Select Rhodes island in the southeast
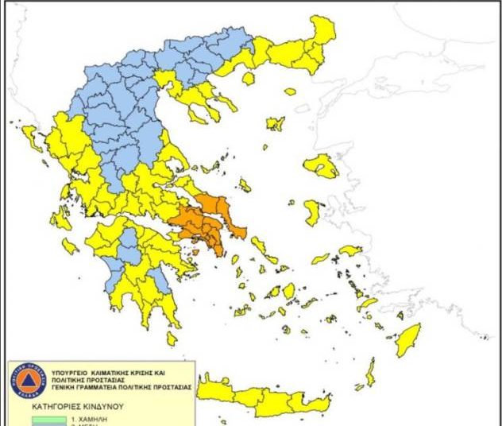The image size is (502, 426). pyautogui.click(x=408, y=339)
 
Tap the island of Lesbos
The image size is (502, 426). pyautogui.click(x=321, y=166)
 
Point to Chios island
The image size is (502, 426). pyautogui.click(x=313, y=212)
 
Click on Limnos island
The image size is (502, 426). pyautogui.click(x=275, y=124)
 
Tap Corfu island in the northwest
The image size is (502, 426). pyautogui.click(x=32, y=138)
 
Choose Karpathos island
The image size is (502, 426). pyautogui.click(x=370, y=372)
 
